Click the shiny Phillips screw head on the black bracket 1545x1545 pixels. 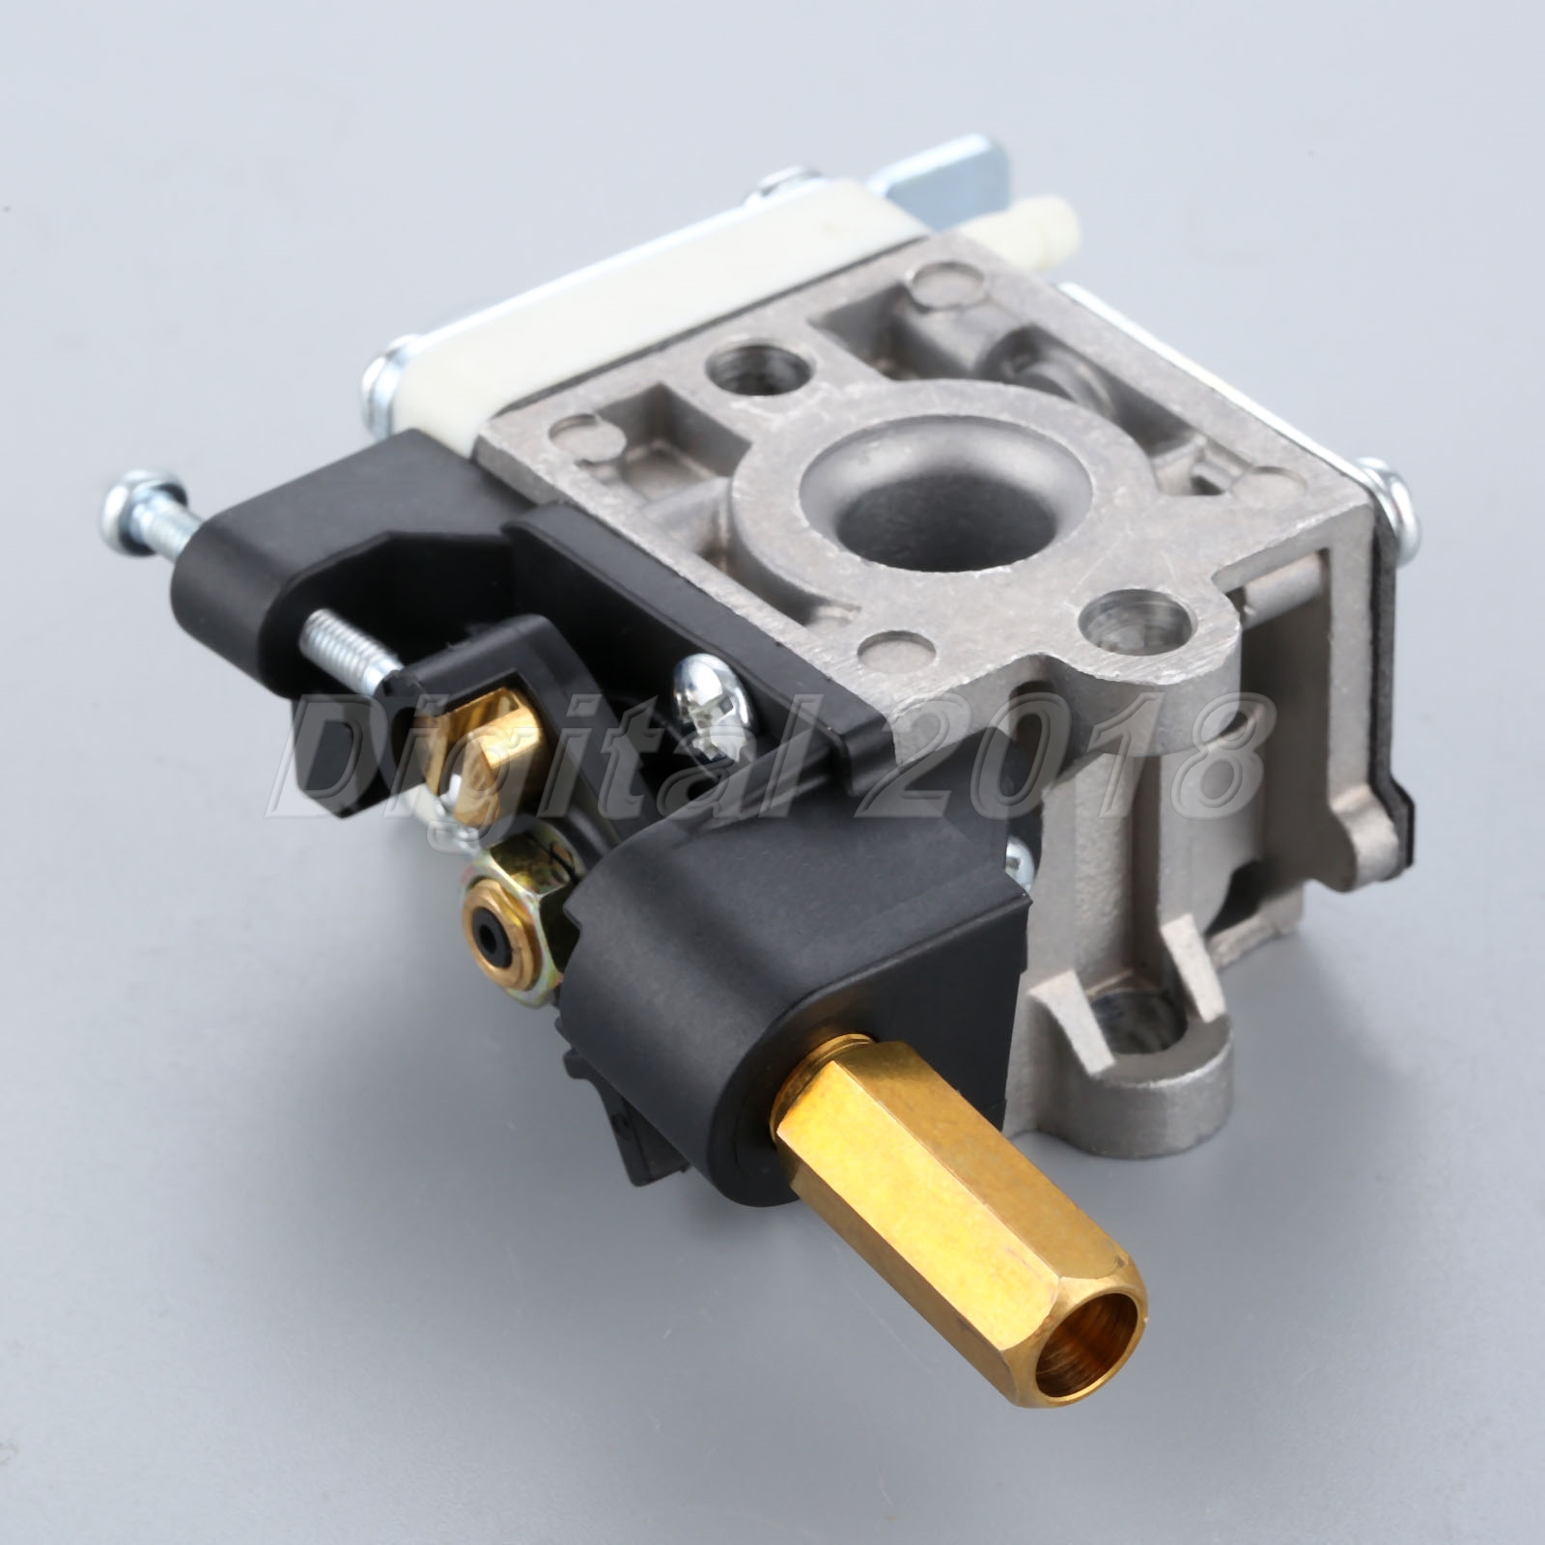pyautogui.click(x=713, y=695)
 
